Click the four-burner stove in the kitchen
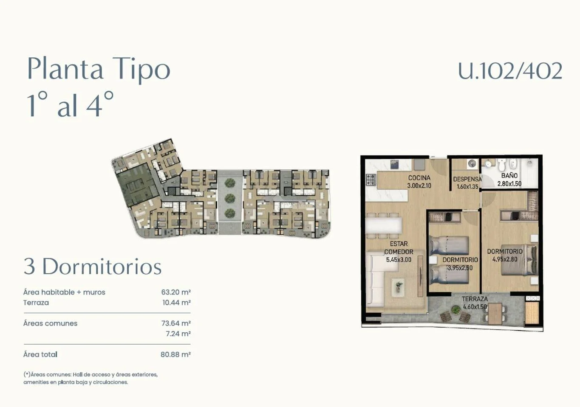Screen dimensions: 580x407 tap(371, 180)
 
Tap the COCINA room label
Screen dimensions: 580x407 tap(419, 178)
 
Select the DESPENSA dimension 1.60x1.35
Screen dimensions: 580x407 tap(467, 186)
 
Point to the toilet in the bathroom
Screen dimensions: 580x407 tap(501, 165)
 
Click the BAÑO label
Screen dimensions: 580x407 tap(509, 176)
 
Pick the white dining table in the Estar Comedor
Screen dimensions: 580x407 tap(384, 226)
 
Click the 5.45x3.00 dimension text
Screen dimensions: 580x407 tap(399, 260)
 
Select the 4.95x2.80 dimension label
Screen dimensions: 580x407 tap(505, 259)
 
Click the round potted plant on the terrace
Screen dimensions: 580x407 tap(456, 309)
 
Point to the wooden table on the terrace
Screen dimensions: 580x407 tap(495, 314)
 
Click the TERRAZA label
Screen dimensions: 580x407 tap(475, 299)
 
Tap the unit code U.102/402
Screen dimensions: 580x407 tap(510, 70)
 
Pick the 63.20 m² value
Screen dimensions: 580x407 tap(176, 292)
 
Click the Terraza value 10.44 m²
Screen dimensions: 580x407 tap(177, 303)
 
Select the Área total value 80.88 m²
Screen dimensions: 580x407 tap(175, 354)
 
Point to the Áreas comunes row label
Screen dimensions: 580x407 tap(50, 323)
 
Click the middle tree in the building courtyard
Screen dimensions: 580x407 tap(230, 198)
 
